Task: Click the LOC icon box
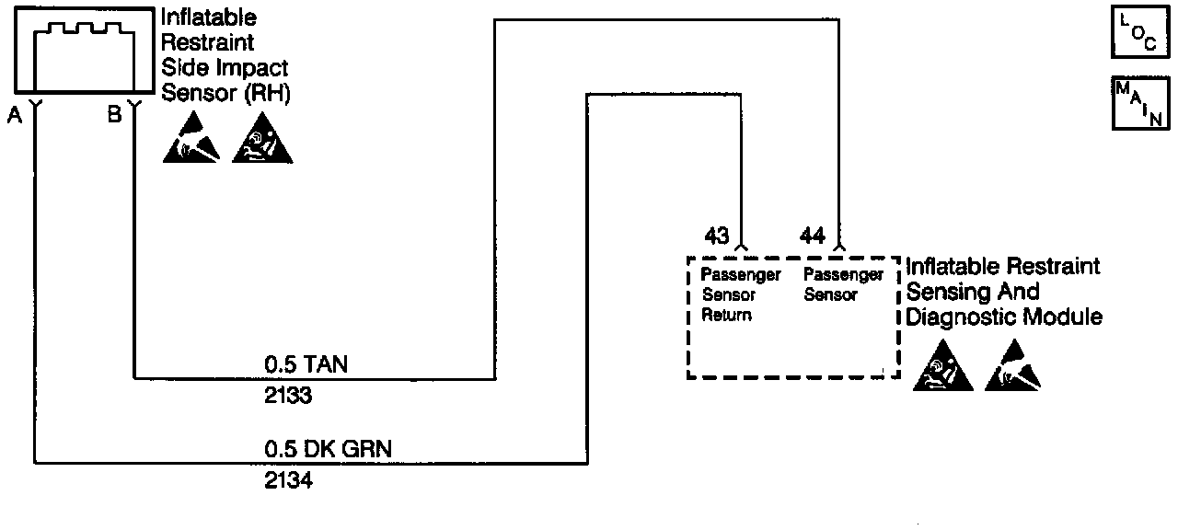click(1141, 35)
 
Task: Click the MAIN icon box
click(1141, 103)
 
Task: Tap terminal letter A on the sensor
click(14, 115)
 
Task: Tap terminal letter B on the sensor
click(114, 115)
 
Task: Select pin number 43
click(717, 236)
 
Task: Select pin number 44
click(813, 236)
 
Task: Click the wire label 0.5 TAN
click(306, 365)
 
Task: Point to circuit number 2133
click(288, 396)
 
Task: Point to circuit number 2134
click(288, 480)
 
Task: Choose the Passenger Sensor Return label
click(741, 294)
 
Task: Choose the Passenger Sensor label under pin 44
click(843, 284)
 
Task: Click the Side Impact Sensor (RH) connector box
click(83, 51)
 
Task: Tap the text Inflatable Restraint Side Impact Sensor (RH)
click(225, 55)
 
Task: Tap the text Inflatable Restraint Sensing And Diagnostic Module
click(1003, 292)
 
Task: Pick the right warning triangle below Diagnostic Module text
click(1013, 370)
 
